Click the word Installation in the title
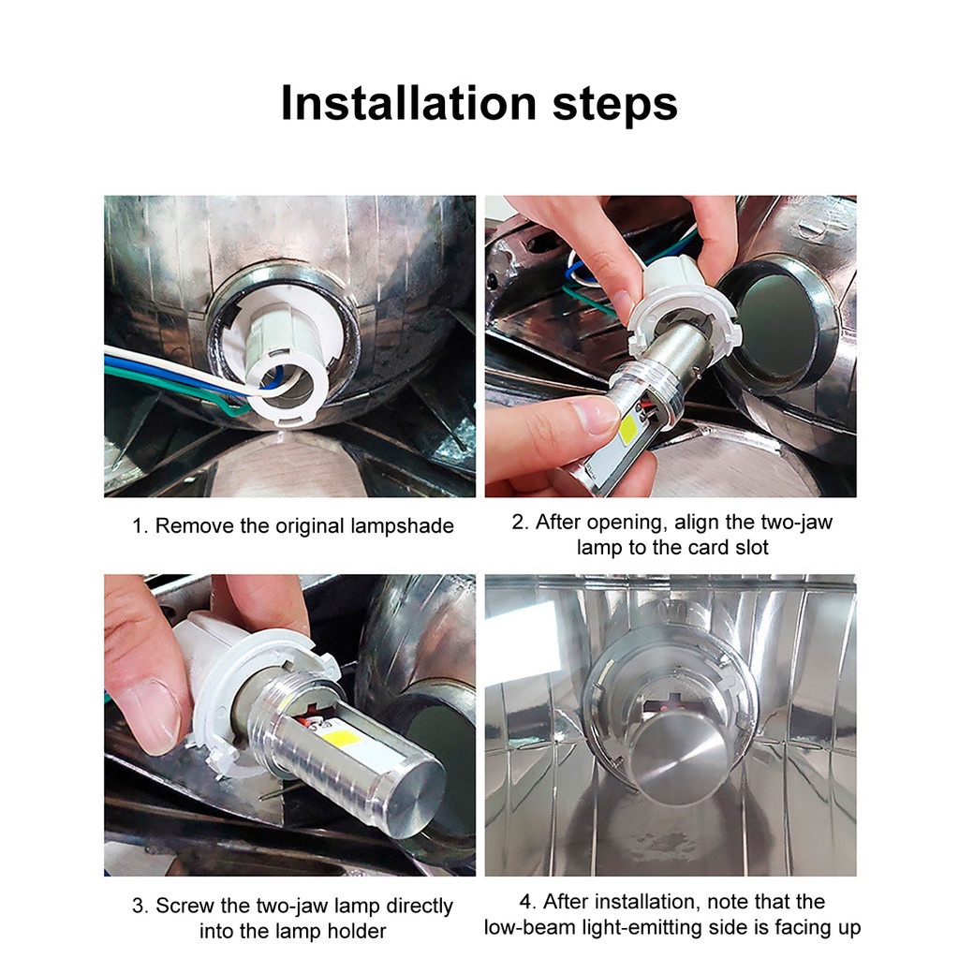408,103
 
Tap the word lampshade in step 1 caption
402,526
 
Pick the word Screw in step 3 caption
184,906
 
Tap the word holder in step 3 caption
357,931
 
